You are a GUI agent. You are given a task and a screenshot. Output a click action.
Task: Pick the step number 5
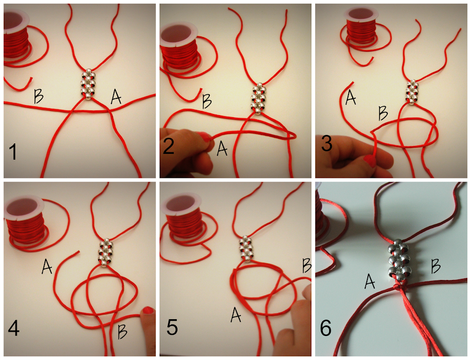172,328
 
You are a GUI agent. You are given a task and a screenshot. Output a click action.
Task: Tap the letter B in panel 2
207,100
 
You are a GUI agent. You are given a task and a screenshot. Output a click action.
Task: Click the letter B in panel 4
122,331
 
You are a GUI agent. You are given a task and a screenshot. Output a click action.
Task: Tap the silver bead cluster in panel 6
400,262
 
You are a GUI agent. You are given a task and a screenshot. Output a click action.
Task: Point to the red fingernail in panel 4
148,312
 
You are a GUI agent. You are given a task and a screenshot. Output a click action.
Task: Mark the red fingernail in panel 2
208,138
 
